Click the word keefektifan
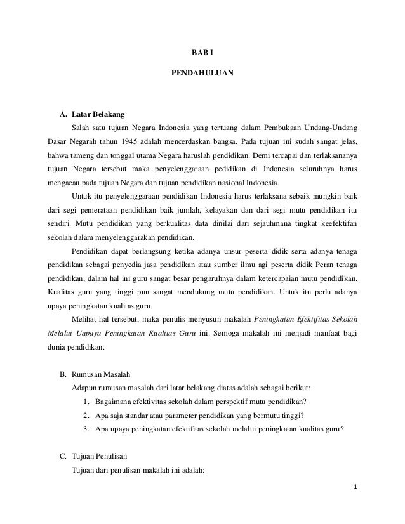coord(336,223)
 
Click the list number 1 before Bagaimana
coord(86,401)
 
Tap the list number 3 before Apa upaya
coord(86,428)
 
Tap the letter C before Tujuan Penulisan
coord(62,455)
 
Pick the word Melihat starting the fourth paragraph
coord(88,319)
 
